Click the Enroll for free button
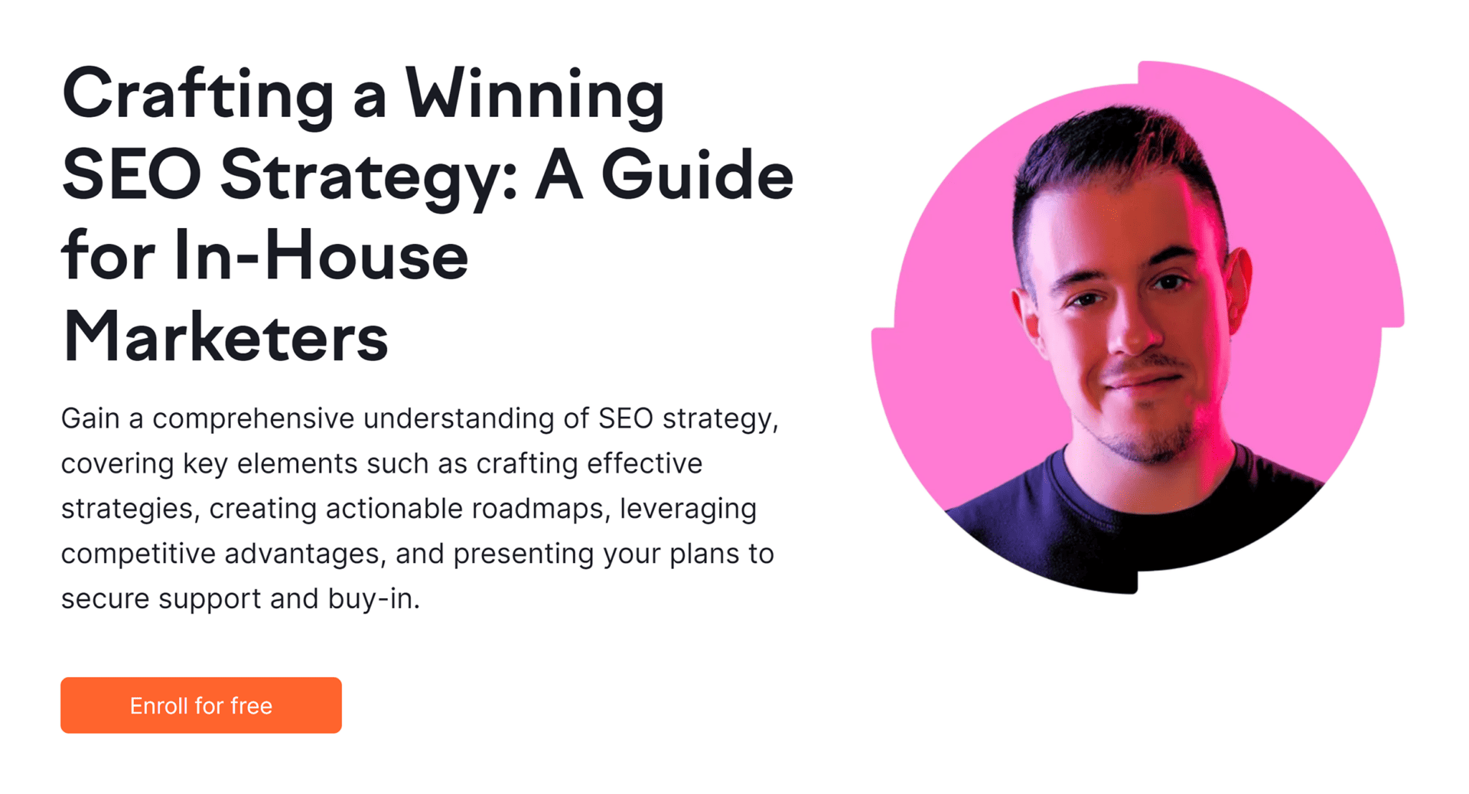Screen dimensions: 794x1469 coord(201,705)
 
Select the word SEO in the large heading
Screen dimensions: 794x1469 coord(132,176)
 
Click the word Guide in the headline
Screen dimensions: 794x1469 coord(698,176)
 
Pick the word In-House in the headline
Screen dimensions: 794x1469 coord(321,257)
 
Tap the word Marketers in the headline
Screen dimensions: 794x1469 coord(226,337)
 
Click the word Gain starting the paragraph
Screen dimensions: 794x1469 coord(90,418)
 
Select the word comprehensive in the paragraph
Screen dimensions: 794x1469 coord(253,419)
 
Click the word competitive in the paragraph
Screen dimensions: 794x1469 coord(138,554)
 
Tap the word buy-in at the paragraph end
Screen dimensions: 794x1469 coord(372,599)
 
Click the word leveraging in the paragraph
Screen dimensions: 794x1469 coord(688,509)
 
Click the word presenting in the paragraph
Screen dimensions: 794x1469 coord(523,555)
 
